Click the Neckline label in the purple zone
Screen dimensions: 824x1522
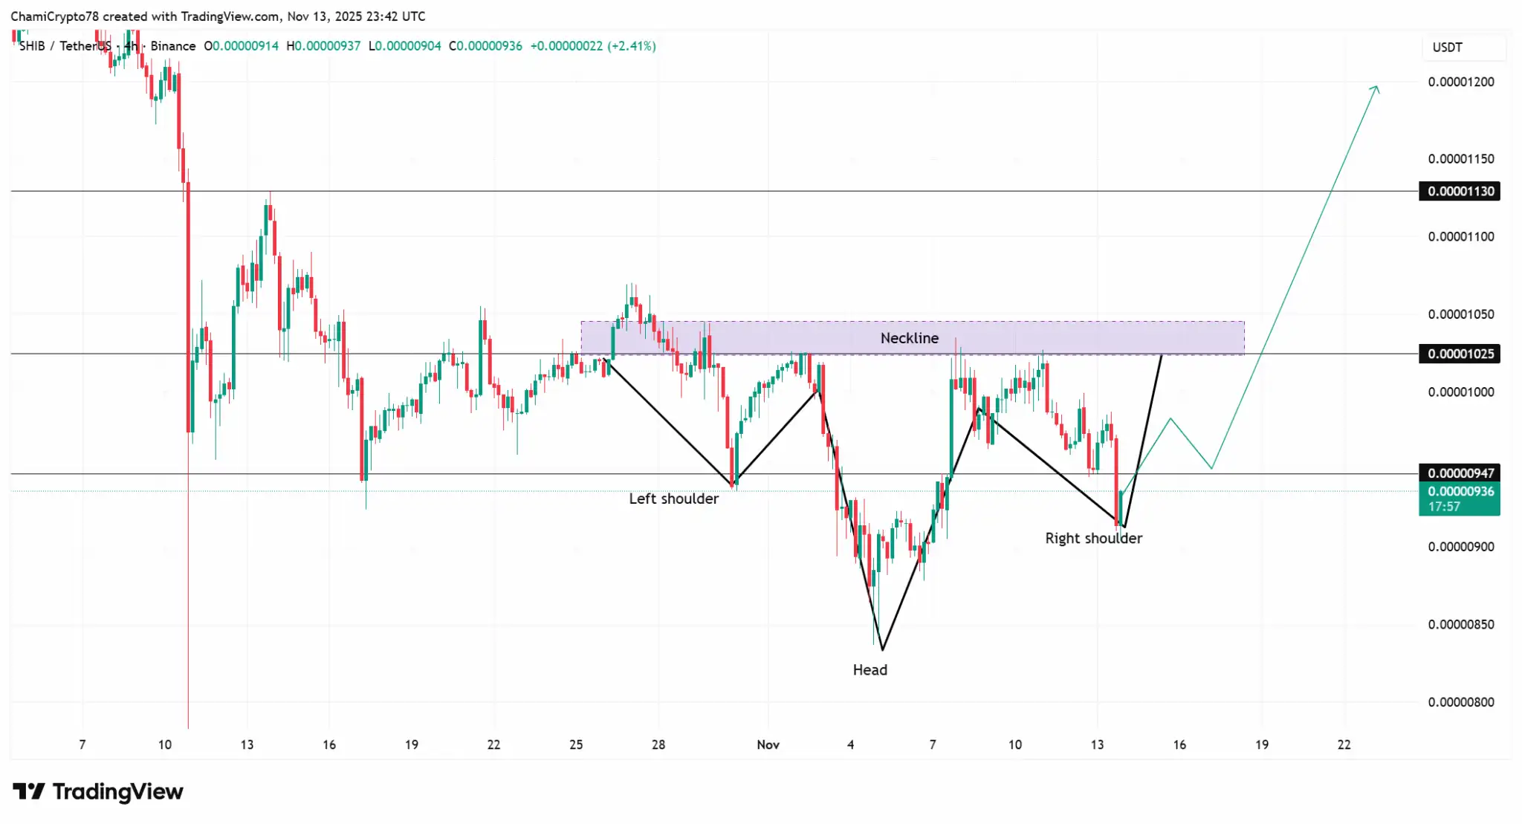(909, 338)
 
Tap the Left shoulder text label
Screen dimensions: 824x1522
(673, 499)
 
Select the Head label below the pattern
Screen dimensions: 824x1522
(870, 669)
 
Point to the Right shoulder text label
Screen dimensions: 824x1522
(1093, 538)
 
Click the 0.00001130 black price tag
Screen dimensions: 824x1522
(1460, 191)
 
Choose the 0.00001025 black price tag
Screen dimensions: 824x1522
(1460, 354)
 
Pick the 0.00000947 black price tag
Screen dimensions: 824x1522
(1460, 473)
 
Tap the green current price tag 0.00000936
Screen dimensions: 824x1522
(1460, 492)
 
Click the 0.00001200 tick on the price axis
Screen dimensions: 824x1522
(1460, 82)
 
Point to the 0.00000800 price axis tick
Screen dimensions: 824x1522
(1460, 702)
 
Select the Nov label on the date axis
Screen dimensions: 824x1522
(768, 744)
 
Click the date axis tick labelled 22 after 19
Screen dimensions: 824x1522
(1344, 744)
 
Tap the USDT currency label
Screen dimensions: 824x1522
(1447, 48)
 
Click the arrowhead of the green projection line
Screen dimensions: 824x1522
(1376, 88)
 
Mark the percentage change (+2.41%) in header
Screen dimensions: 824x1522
(632, 46)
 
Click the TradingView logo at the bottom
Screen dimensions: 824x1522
(98, 792)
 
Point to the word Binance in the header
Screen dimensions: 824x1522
(173, 46)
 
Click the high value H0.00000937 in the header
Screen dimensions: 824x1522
(323, 46)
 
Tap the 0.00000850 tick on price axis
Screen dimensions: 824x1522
(1460, 624)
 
